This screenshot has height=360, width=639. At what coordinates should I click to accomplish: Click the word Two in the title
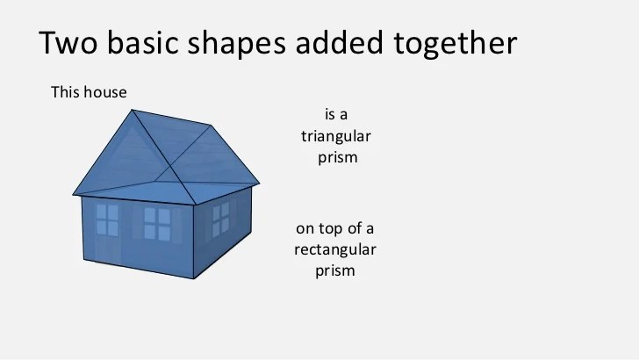(68, 42)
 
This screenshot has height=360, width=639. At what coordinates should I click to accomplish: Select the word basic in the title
(142, 42)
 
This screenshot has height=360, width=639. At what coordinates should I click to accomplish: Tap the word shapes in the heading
(236, 44)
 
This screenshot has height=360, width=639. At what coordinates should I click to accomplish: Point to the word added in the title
(339, 42)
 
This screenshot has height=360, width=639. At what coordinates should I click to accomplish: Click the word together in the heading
(456, 44)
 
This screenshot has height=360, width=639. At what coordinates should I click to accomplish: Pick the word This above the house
(65, 92)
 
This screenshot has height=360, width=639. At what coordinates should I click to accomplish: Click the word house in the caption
(105, 92)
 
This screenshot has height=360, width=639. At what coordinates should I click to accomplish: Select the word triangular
(336, 137)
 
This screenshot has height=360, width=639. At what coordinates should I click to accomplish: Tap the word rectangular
(335, 249)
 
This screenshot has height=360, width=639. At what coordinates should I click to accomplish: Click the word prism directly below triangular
(337, 158)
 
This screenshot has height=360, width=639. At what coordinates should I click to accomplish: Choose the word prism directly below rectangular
(335, 271)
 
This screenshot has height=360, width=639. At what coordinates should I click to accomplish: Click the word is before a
(329, 114)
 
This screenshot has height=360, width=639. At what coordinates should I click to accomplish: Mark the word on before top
(305, 229)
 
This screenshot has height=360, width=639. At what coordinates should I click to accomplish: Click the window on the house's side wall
(221, 220)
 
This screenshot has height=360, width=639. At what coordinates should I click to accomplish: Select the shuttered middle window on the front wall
(157, 223)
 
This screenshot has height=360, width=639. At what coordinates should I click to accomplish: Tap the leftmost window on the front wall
(107, 220)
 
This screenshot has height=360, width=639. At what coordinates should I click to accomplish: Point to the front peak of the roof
(132, 109)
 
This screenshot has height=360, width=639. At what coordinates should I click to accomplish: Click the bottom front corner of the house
(194, 279)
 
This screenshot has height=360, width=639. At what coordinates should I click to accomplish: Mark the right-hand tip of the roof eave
(260, 184)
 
